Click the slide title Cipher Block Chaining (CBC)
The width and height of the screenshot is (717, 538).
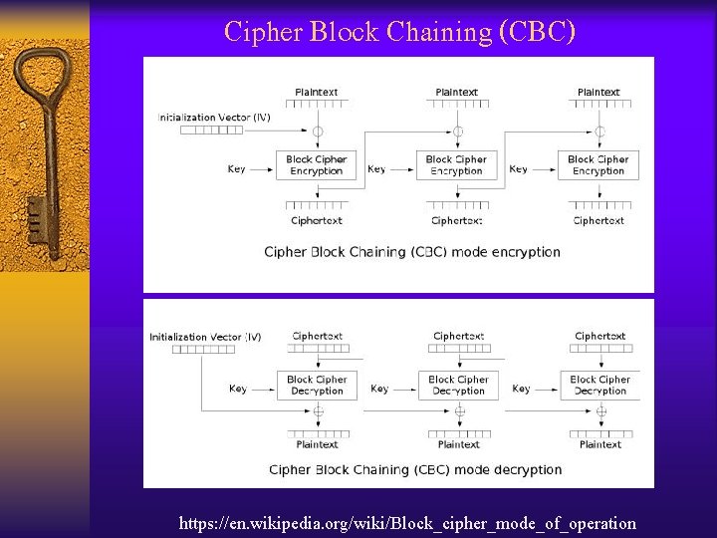399,32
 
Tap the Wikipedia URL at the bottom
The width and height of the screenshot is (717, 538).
407,522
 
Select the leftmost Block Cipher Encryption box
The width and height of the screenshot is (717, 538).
316,165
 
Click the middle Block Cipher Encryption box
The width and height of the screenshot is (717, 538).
456,165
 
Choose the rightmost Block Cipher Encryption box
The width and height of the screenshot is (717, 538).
597,165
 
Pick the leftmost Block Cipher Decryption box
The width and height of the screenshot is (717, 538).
317,386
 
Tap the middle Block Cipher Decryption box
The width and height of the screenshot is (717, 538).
458,386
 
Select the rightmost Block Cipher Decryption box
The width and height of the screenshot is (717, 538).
599,386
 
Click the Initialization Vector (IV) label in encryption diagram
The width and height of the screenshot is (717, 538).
214,118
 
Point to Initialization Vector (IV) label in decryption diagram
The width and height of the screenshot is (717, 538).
205,337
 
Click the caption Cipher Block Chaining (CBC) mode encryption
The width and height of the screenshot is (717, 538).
412,252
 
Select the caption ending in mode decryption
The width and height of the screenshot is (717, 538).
415,469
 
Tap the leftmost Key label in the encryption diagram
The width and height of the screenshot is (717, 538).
236,169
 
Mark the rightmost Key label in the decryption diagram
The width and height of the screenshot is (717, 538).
521,389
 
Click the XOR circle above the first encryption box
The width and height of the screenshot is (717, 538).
317,132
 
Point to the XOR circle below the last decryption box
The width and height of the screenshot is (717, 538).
600,411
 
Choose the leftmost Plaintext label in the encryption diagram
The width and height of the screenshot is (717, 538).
317,93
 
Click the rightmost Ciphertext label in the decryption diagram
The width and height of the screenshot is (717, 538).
600,337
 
